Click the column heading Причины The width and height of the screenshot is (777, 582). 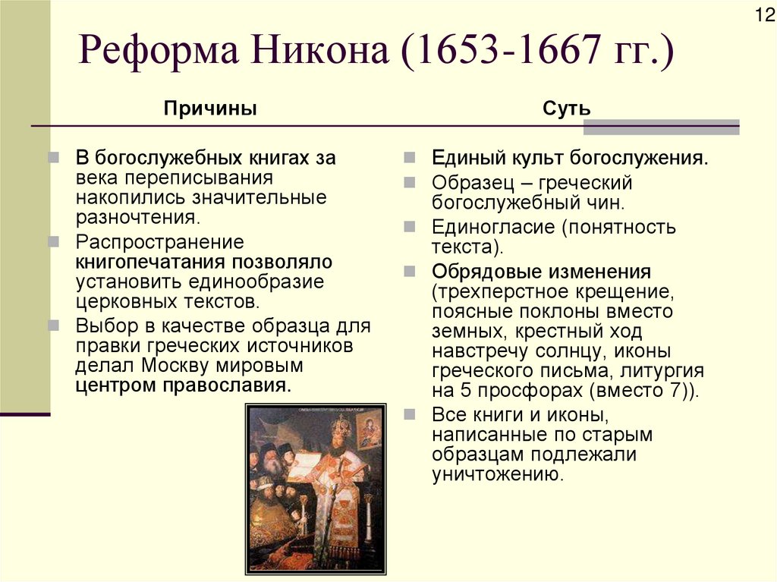210,109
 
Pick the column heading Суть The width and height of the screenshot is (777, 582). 566,109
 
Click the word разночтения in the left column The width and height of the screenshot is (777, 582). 137,218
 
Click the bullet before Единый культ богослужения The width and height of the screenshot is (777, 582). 410,159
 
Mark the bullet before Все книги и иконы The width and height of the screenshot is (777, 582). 410,414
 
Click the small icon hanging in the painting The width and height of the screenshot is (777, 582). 370,429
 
